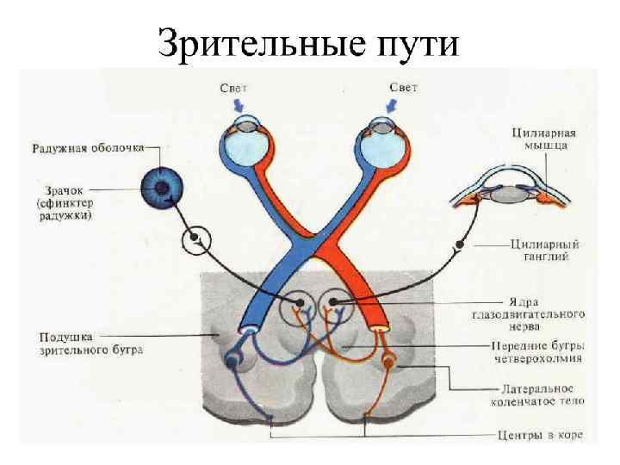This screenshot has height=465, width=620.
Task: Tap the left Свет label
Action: [233, 87]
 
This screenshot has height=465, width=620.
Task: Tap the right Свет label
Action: [404, 87]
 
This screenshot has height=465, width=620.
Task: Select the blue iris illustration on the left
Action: [160, 187]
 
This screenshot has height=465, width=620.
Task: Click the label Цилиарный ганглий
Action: [543, 249]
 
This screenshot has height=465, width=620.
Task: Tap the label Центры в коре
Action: [540, 435]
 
